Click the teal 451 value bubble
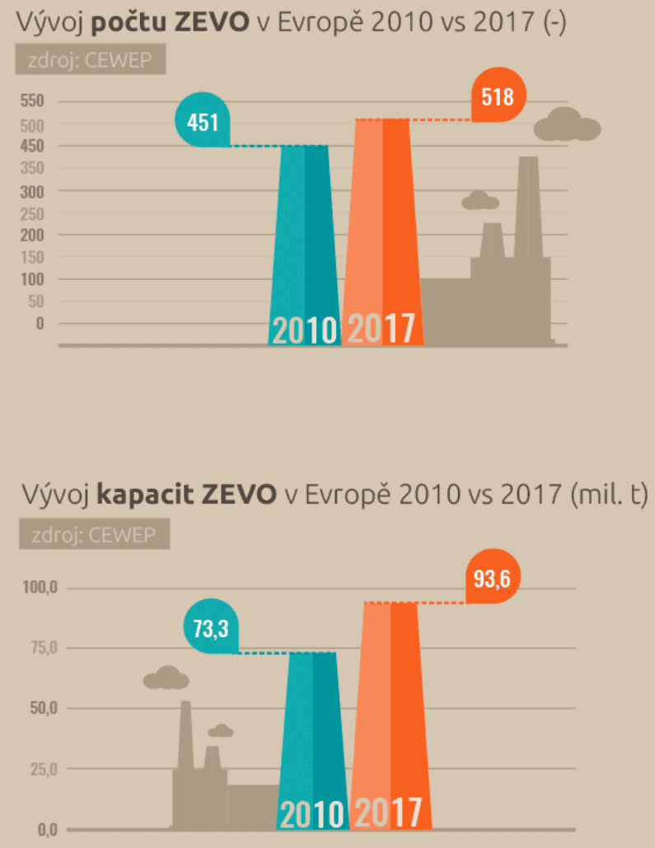pos(203,123)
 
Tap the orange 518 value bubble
pos(497,97)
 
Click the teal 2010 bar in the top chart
pos(305,247)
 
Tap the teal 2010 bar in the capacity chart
pos(312,733)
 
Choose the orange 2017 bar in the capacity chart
pos(391,709)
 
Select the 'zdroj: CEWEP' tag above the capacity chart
pos(93,536)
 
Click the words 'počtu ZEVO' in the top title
pos(170,22)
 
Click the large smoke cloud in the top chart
pos(567,125)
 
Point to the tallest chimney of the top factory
pos(528,206)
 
